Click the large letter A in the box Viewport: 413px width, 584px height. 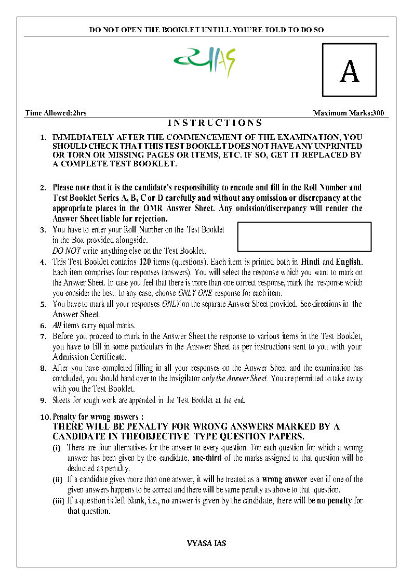pyautogui.click(x=349, y=72)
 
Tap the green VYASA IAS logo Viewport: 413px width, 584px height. pyautogui.click(x=204, y=61)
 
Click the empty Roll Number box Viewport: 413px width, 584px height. pyautogui.click(x=304, y=237)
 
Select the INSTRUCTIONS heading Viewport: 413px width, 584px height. pyautogui.click(x=215, y=123)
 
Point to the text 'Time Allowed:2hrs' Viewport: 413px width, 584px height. pyautogui.click(x=50, y=113)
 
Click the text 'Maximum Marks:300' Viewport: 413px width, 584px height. pyautogui.click(x=349, y=113)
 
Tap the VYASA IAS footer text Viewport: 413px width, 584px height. pyautogui.click(x=206, y=543)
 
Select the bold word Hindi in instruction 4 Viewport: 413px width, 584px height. pyautogui.click(x=311, y=262)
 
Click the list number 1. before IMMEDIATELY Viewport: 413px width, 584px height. pyautogui.click(x=44, y=137)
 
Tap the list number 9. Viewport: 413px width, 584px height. pyautogui.click(x=44, y=400)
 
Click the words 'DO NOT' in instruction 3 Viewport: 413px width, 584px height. pyautogui.click(x=64, y=251)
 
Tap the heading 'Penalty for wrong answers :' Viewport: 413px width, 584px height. pyautogui.click(x=98, y=417)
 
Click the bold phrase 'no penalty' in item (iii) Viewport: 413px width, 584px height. pyautogui.click(x=335, y=501)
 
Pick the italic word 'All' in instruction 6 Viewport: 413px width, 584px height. pyautogui.click(x=57, y=326)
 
